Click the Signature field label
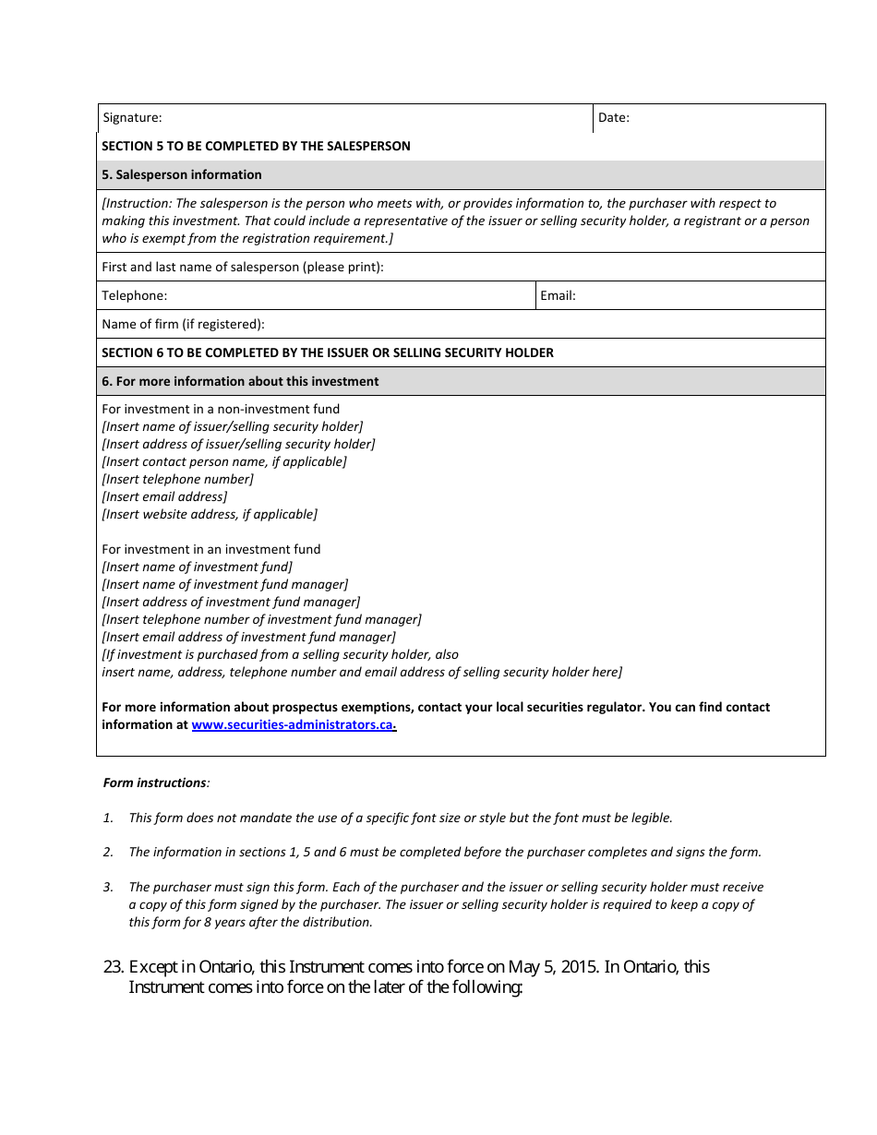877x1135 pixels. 132,117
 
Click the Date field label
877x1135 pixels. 613,117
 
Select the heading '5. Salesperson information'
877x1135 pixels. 182,174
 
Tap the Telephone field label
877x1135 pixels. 135,295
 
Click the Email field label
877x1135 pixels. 558,295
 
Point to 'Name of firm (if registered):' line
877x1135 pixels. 183,324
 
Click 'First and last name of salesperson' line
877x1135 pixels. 242,267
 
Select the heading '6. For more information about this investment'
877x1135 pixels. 240,381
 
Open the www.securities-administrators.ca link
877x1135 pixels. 293,724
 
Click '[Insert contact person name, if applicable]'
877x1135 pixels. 224,461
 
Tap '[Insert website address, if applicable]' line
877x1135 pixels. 210,514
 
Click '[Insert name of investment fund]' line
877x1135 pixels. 197,567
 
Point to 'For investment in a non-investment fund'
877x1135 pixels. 221,409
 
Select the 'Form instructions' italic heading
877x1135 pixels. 155,783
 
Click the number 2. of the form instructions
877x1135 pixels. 108,852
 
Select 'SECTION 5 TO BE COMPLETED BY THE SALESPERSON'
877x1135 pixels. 256,146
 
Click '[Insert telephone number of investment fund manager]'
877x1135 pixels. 261,619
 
